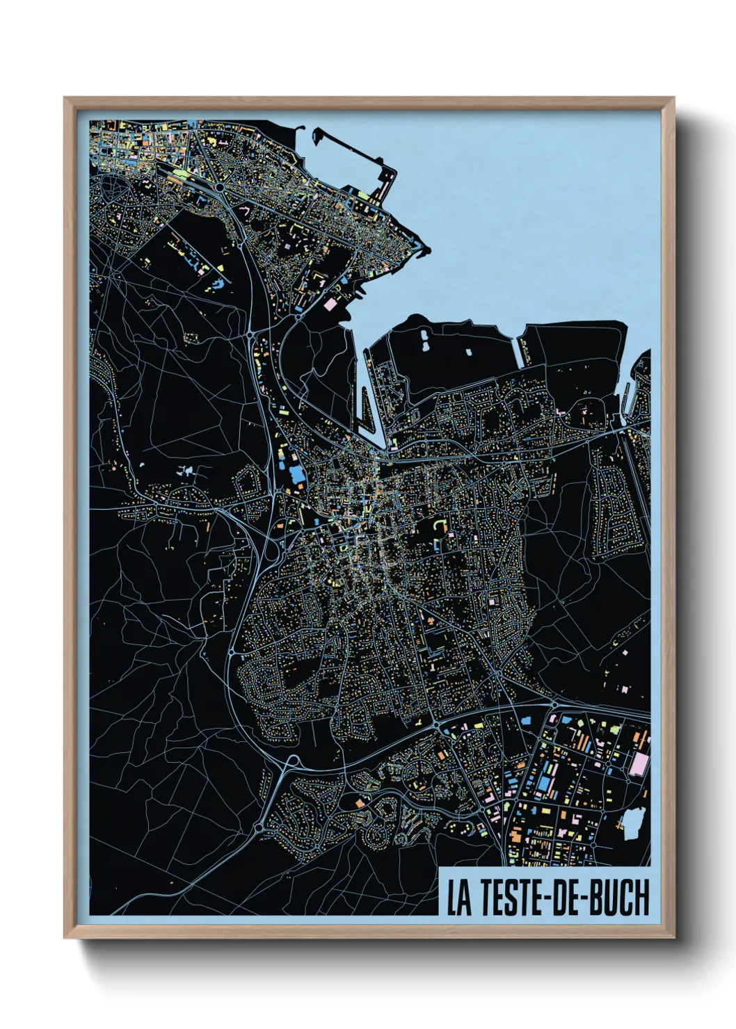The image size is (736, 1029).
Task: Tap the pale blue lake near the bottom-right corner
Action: click(632, 823)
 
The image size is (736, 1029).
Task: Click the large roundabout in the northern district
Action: click(220, 187)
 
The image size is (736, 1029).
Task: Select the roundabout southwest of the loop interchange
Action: click(259, 827)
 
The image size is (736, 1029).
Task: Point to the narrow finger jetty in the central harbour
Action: click(364, 410)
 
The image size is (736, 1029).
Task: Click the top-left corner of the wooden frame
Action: click(65, 98)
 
